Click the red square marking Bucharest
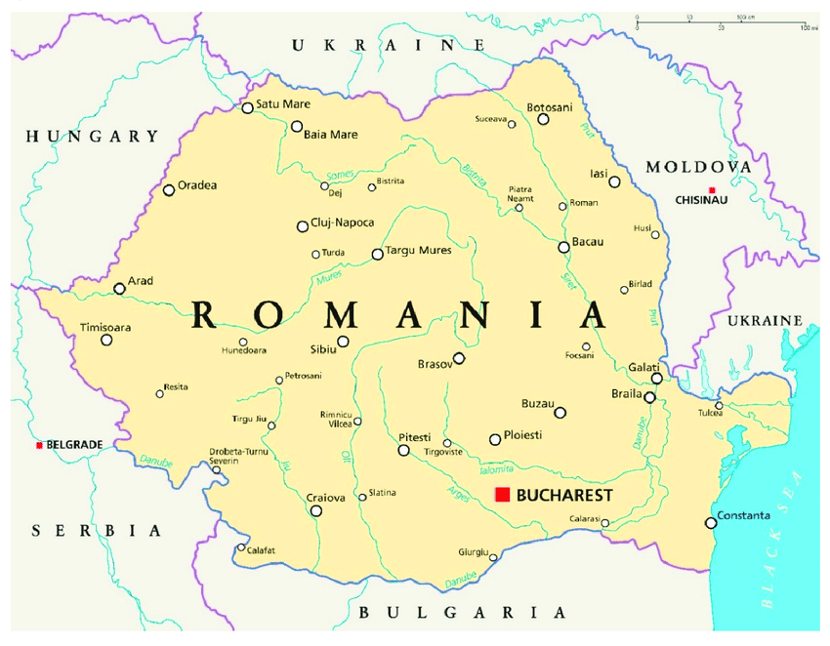[503, 495]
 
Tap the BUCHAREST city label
[564, 496]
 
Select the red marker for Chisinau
[712, 189]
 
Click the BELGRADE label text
[74, 445]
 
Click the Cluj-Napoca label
[342, 222]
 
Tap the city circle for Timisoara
[106, 340]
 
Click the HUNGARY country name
[92, 137]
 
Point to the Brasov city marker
[459, 358]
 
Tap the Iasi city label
[599, 173]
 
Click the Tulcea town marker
[719, 405]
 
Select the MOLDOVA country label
[698, 167]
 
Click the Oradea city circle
[169, 190]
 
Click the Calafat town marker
[241, 547]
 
